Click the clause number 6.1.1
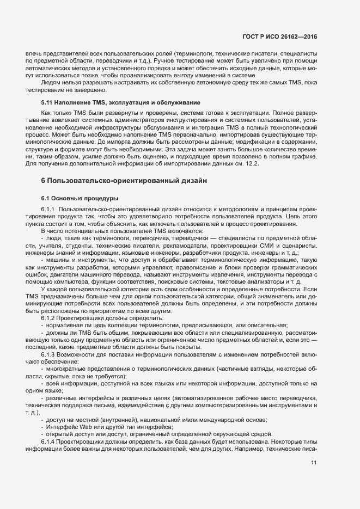click(48, 210)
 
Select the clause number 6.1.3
click(48, 354)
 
